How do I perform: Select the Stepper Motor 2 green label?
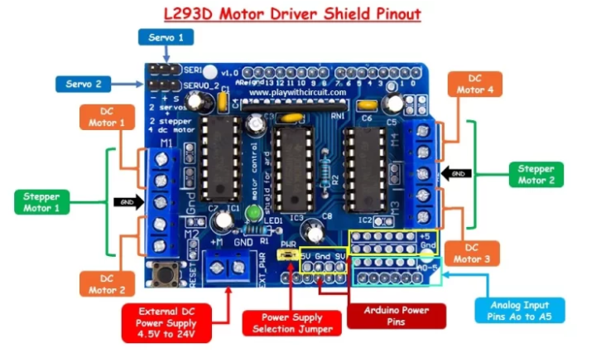[536, 174]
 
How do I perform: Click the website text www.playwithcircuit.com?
[297, 93]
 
